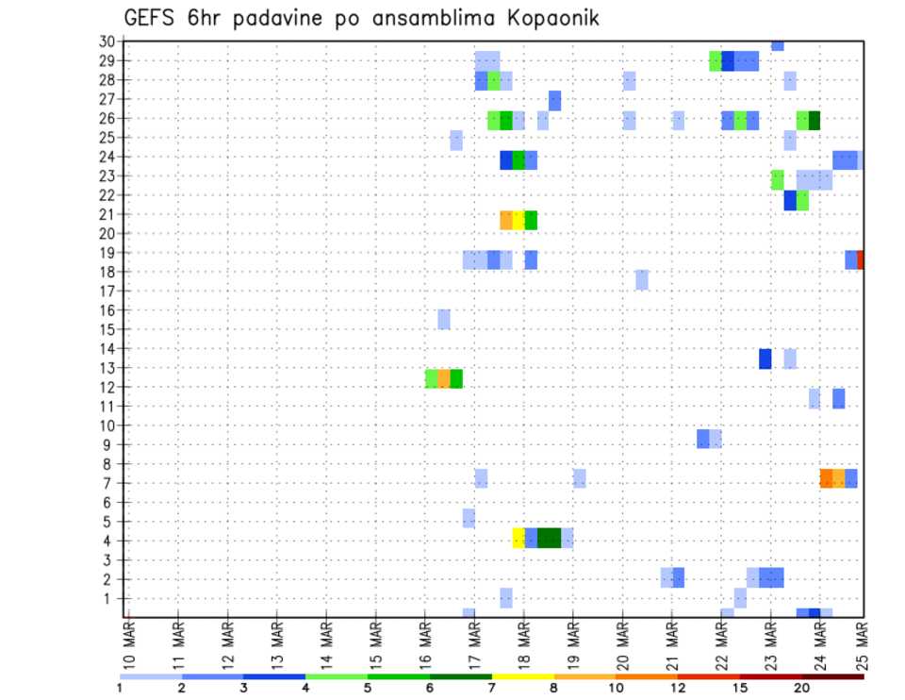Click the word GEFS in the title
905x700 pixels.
pyautogui.click(x=150, y=18)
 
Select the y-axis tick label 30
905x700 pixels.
pyautogui.click(x=107, y=41)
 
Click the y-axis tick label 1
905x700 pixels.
pyautogui.click(x=110, y=598)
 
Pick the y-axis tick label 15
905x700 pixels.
pyautogui.click(x=107, y=329)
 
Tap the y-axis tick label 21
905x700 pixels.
pyautogui.click(x=107, y=214)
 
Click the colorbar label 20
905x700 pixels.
pyautogui.click(x=802, y=687)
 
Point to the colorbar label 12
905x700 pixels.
pyautogui.click(x=679, y=687)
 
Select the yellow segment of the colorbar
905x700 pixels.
pyautogui.click(x=523, y=675)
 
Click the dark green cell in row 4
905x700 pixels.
pyautogui.click(x=549, y=538)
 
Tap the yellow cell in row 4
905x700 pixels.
pyautogui.click(x=518, y=538)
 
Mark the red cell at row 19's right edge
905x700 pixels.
pyautogui.click(x=861, y=259)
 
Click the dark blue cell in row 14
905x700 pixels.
pyautogui.click(x=765, y=358)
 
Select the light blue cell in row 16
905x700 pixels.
pyautogui.click(x=443, y=319)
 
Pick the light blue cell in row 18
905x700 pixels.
pyautogui.click(x=641, y=280)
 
